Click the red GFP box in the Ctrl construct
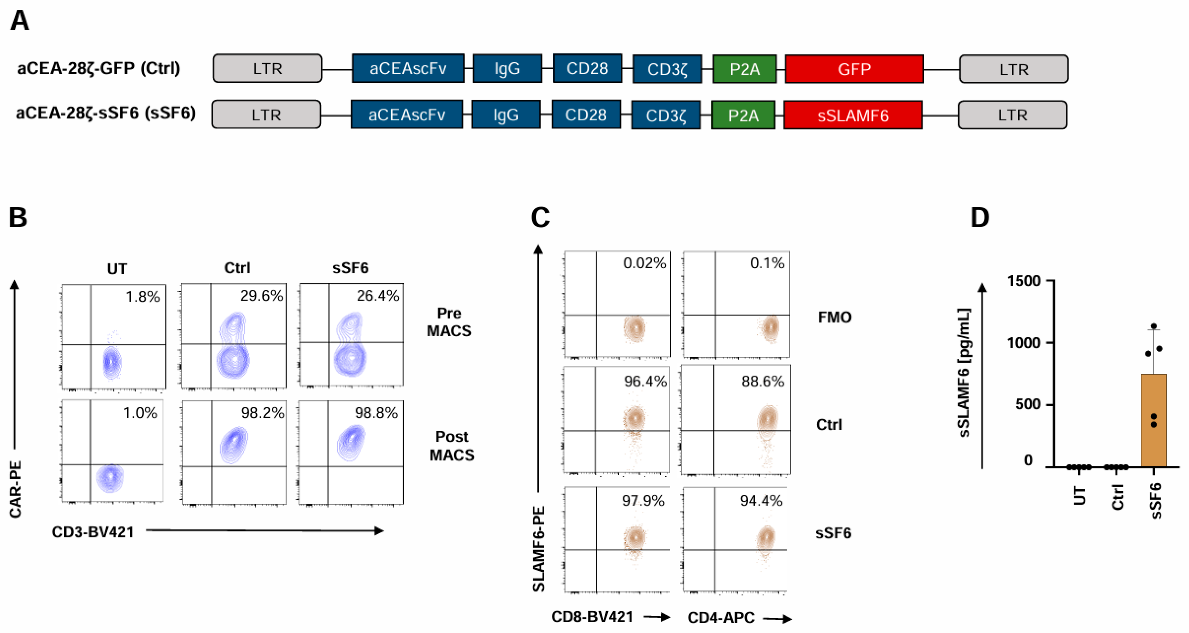(854, 69)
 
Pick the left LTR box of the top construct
(267, 68)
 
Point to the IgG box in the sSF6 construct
(505, 115)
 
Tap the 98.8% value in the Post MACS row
(376, 413)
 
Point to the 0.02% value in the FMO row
(644, 263)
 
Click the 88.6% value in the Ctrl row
(762, 381)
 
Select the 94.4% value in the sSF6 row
(761, 500)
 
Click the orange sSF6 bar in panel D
(1154, 420)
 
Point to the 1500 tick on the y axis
(1023, 281)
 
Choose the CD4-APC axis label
(721, 617)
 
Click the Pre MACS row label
(449, 322)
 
